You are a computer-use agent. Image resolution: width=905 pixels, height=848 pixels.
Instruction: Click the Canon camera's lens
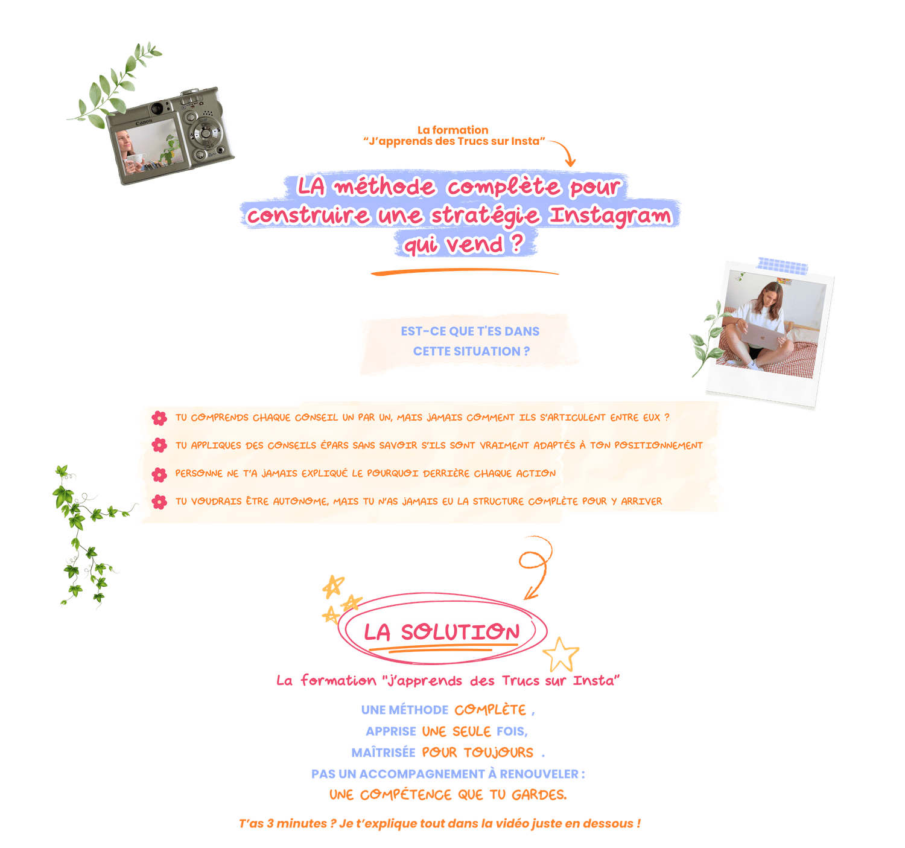[x=157, y=109]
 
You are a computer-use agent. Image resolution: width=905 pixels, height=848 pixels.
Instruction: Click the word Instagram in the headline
[x=610, y=215]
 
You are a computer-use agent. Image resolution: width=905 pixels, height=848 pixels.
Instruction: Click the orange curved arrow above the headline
[x=565, y=148]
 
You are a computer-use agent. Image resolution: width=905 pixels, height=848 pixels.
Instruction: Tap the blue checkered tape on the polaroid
[x=782, y=266]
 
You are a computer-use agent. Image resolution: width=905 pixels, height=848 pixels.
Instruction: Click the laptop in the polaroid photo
[x=762, y=336]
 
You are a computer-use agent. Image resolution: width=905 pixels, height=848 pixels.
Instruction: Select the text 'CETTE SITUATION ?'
[x=471, y=351]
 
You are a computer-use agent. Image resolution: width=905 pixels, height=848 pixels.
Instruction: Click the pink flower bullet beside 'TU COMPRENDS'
[x=159, y=418]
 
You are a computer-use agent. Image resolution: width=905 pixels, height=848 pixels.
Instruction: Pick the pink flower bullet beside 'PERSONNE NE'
[x=159, y=474]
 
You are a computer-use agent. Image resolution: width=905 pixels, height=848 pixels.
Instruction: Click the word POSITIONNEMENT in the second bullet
[x=658, y=445]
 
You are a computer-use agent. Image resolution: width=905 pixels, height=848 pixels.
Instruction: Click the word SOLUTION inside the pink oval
[x=460, y=632]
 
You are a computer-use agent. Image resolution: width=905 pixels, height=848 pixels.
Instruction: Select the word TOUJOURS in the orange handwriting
[x=498, y=752]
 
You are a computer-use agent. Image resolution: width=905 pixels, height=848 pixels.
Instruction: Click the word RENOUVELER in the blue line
[x=539, y=774]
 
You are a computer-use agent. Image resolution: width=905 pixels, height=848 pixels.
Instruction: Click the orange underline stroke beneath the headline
[x=465, y=270]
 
